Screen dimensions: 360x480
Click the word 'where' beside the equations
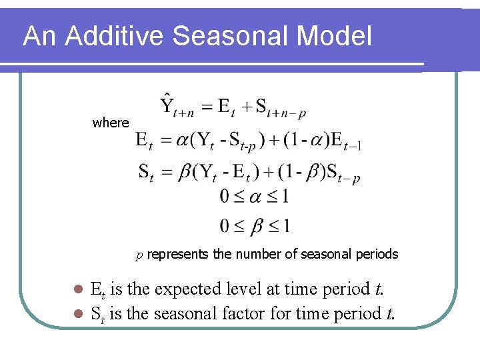click(x=111, y=123)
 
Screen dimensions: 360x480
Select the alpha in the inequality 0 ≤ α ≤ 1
click(x=256, y=197)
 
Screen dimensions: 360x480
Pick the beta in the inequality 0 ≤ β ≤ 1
click(x=256, y=227)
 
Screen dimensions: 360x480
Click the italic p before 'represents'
click(x=139, y=255)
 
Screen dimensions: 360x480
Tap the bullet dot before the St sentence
click(x=77, y=313)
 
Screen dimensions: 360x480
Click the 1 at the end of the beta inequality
click(x=285, y=227)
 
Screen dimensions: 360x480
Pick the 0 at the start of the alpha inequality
click(x=225, y=197)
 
